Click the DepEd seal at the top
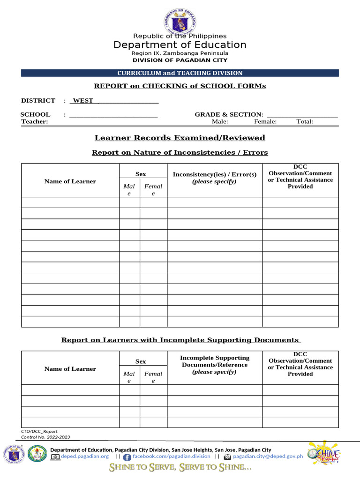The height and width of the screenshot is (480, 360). (x=180, y=22)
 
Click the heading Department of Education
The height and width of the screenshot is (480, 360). (x=180, y=45)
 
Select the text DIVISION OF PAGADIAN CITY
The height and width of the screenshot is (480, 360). (x=180, y=60)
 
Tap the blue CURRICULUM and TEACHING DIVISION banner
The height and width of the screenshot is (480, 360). (x=180, y=73)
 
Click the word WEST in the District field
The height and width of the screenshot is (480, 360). (x=83, y=100)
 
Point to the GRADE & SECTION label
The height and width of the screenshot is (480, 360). (x=229, y=114)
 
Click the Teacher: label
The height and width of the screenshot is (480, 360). (x=35, y=122)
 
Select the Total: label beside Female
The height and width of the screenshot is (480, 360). (x=305, y=122)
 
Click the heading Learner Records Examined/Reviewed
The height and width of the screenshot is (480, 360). (x=180, y=138)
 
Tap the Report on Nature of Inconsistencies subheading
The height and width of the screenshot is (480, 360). (x=180, y=152)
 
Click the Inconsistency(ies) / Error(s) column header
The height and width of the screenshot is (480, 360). (x=215, y=178)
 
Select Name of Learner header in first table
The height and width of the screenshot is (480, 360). (x=70, y=181)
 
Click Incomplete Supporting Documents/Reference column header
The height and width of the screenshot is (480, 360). (x=215, y=365)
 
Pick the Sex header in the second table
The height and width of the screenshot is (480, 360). (x=141, y=361)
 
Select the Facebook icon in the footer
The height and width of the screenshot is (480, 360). (x=127, y=457)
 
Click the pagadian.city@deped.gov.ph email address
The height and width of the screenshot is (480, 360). (x=268, y=456)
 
